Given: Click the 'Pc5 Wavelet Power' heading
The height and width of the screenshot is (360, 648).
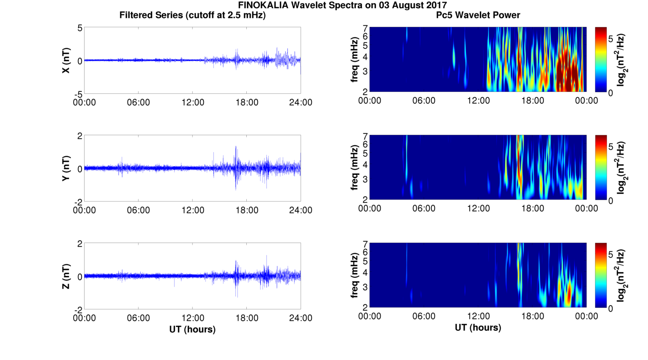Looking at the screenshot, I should point(478,16).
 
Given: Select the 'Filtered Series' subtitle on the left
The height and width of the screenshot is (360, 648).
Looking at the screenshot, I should point(192,16).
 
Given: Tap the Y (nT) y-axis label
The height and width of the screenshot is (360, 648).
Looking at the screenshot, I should point(66,169).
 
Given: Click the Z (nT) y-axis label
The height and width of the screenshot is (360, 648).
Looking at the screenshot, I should point(66,277).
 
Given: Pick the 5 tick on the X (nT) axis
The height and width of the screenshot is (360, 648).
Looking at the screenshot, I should point(80,28).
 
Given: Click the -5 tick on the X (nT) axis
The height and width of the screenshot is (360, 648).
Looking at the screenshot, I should point(78,94).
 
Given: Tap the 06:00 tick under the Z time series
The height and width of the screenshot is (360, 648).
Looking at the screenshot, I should point(138,318).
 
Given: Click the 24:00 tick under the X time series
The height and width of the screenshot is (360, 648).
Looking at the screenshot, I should point(301,102).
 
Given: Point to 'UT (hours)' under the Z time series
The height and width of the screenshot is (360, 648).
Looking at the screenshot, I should point(192,329).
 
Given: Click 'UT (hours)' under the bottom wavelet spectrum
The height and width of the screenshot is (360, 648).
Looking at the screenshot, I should point(478,328).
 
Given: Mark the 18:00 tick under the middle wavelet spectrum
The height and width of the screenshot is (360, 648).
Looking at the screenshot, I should point(532,208).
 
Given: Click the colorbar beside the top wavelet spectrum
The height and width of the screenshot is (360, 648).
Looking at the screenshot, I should point(601,59).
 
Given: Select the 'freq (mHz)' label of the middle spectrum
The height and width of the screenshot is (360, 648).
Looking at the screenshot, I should point(354,167).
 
